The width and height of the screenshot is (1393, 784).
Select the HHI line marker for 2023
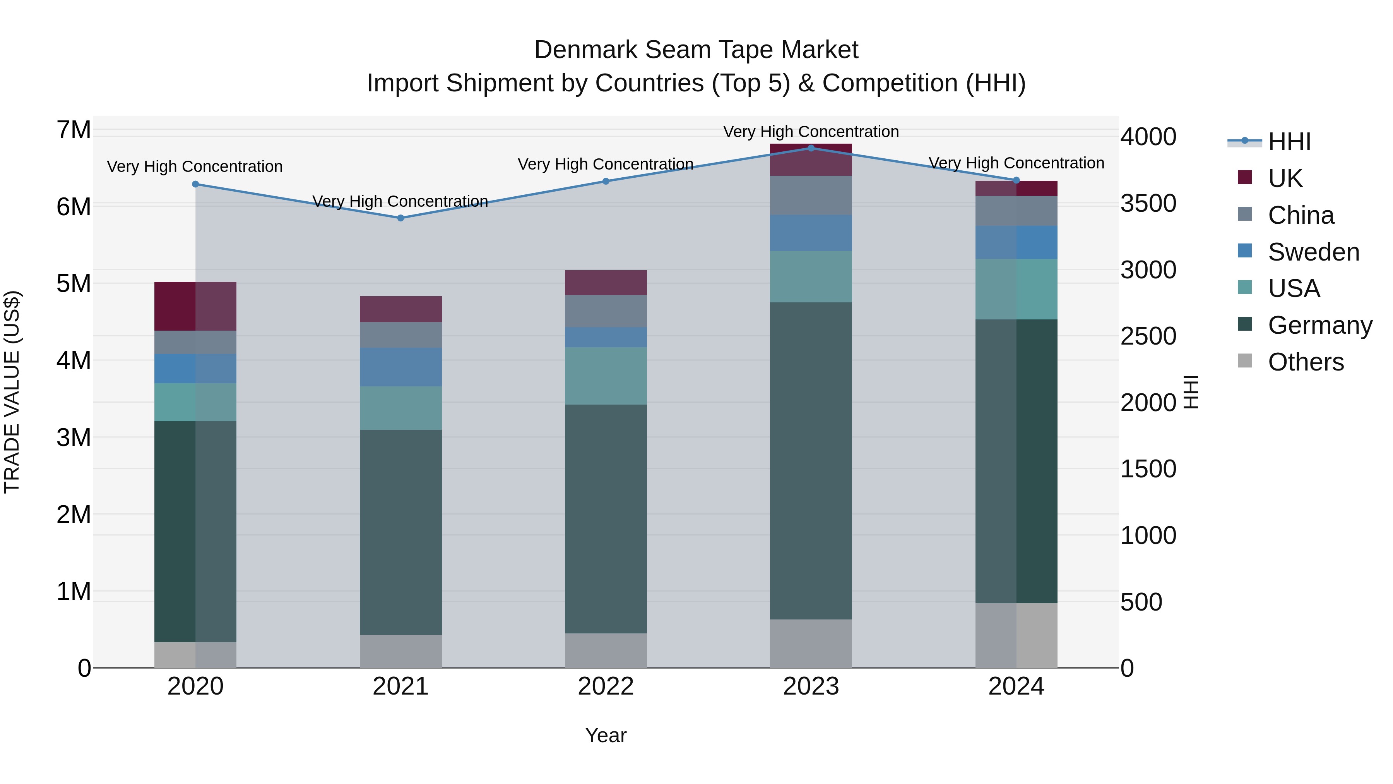(x=811, y=148)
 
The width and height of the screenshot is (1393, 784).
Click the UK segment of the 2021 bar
(x=401, y=309)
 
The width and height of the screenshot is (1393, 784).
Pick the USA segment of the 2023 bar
(x=811, y=276)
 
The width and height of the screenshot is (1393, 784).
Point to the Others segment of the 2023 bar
(x=811, y=643)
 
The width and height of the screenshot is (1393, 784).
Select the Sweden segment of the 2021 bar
(x=401, y=367)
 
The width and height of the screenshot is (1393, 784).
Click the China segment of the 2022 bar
(x=606, y=311)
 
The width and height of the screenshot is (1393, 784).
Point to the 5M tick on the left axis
(x=74, y=283)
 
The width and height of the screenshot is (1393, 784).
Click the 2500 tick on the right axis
(x=1148, y=336)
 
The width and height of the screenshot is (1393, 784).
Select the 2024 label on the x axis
(x=1016, y=686)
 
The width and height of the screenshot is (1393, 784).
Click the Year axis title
(x=606, y=735)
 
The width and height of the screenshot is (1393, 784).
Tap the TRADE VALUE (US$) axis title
(x=12, y=392)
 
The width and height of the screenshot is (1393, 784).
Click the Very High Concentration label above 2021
(x=400, y=201)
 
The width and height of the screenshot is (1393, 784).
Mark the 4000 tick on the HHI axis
(x=1148, y=137)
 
